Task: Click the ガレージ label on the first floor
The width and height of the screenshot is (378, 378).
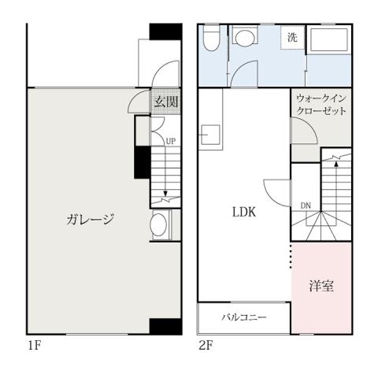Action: (91, 220)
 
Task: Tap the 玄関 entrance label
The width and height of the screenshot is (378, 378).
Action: (165, 102)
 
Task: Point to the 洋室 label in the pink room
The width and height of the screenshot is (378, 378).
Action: (321, 286)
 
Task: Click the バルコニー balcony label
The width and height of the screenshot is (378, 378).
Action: (243, 318)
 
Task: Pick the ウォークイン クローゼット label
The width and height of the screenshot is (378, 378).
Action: (321, 105)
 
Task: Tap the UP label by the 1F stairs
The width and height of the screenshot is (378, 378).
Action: (170, 141)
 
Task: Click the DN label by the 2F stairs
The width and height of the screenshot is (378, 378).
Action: (306, 207)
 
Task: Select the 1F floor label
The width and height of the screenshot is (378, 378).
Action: (34, 345)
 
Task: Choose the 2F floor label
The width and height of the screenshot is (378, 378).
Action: (206, 345)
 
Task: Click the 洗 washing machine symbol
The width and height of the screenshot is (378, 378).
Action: (292, 38)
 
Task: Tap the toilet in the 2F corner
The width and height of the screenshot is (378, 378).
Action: (210, 39)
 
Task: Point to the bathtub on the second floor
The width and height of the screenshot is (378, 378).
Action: (328, 41)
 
